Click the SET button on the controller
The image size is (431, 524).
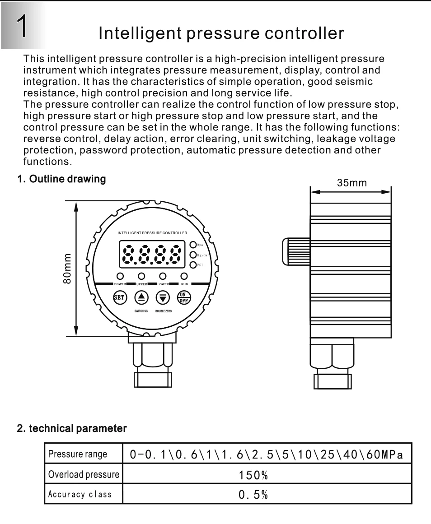(120, 297)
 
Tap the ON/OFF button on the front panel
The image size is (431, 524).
(184, 297)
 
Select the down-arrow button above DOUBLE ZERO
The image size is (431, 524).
(163, 297)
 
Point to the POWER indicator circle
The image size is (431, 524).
(120, 276)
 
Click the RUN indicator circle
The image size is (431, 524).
(184, 276)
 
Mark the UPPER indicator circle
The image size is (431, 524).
(141, 276)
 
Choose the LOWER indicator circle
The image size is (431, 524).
(163, 276)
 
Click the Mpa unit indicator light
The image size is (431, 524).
(193, 245)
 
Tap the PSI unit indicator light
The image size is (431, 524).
(193, 265)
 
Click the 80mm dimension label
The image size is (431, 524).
(67, 269)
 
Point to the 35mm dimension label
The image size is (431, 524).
(352, 183)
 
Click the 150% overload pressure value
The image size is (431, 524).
(253, 475)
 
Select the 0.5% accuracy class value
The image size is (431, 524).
(253, 494)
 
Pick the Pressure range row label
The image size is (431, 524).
(78, 454)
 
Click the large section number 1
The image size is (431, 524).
(23, 26)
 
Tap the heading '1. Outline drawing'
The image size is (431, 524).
(61, 179)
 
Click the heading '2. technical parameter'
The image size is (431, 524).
(72, 428)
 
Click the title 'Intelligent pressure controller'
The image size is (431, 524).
(221, 33)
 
